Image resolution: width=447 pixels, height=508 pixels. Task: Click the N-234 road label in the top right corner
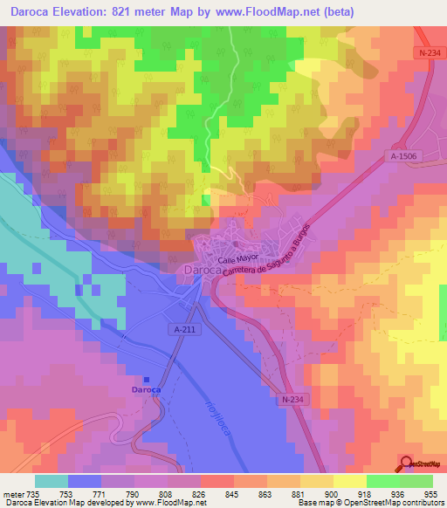coord(427,55)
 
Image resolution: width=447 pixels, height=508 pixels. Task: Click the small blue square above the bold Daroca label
coord(147,379)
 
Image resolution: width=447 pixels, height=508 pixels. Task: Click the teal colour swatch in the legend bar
coord(52,480)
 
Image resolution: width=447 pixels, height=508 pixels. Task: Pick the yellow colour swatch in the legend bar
coord(350,480)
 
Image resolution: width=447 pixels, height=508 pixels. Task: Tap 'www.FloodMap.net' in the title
coord(277,13)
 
